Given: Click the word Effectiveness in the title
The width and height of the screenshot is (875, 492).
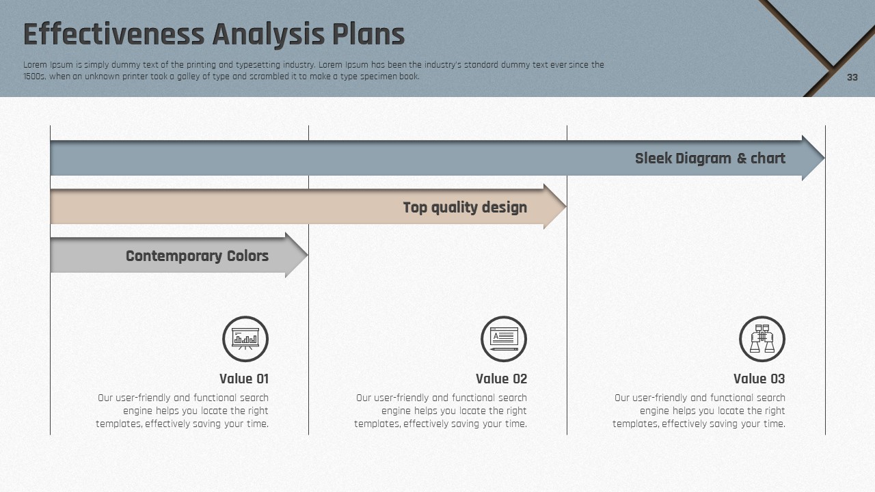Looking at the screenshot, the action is [113, 34].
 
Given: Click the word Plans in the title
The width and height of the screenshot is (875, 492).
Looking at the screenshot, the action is [368, 34].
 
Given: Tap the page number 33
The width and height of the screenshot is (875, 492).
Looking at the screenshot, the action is [852, 77].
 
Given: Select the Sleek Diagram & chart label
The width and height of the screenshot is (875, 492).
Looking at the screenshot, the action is [710, 158].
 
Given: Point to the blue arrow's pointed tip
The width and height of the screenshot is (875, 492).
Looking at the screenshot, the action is [824, 158].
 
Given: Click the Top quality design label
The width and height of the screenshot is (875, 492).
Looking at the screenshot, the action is [465, 207].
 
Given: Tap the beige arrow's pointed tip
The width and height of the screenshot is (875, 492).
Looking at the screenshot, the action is [565, 206].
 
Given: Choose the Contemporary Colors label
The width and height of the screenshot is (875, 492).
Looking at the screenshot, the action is [197, 256].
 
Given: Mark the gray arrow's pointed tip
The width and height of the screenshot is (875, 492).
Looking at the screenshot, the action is [308, 256].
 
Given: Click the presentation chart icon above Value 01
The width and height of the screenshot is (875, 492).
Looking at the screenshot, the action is [245, 339].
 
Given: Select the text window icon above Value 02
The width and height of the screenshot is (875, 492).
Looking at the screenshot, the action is [504, 339].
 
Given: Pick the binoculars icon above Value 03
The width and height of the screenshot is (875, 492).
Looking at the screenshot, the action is [762, 339].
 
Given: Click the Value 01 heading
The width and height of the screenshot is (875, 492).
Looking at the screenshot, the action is [244, 379].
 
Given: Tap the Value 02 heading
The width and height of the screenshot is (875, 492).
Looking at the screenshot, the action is [501, 379].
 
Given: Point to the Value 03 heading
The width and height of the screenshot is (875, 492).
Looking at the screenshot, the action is [759, 379].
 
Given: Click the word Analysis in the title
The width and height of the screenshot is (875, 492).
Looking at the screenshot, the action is [269, 35].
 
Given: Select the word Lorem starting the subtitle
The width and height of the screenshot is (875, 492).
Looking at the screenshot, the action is [35, 65].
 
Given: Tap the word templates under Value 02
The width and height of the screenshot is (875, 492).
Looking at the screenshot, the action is [377, 424].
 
